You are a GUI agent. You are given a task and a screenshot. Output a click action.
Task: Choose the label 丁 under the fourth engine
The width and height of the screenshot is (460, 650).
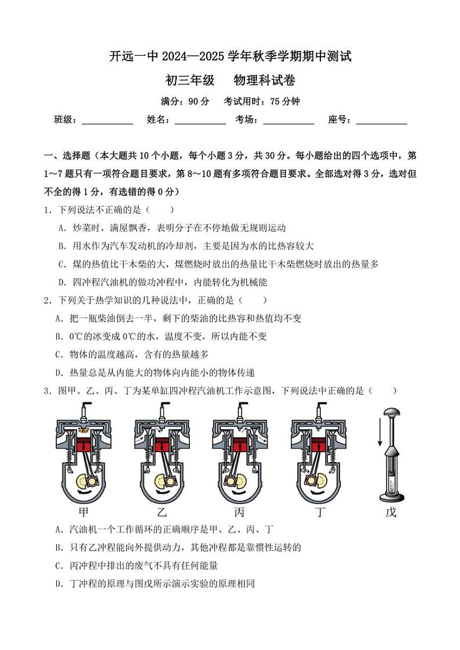coord(318,512)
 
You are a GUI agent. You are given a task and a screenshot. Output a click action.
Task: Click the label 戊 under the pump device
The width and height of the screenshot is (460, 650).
coord(391,512)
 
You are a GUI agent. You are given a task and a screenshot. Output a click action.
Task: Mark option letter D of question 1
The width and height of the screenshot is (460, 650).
coord(62,282)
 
